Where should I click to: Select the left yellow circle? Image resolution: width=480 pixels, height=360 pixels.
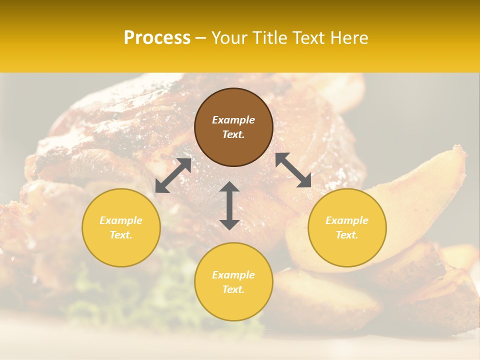pos(121,227)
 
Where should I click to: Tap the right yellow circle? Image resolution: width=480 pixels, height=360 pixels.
pos(347,227)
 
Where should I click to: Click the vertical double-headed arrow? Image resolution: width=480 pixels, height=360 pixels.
pos(229,206)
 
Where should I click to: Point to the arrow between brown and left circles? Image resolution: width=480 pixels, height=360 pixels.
pos(173,175)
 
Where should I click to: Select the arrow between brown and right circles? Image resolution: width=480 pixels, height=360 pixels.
pos(293,170)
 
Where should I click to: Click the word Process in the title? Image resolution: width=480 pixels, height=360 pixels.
pos(157,37)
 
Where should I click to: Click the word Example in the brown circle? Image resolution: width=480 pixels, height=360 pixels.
pos(233,120)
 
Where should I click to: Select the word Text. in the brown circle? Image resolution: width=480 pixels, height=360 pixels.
pos(233,134)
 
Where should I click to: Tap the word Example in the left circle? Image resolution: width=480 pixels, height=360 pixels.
pos(121,220)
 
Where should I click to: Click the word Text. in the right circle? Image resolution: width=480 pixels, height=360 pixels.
pos(347,235)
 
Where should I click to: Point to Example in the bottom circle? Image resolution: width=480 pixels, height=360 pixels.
pos(233,275)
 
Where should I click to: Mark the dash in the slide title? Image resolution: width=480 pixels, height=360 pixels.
pos(201,37)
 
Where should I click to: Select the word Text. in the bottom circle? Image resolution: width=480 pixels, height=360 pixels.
pos(233,289)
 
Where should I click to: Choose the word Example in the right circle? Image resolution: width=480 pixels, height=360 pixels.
pos(347,220)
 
